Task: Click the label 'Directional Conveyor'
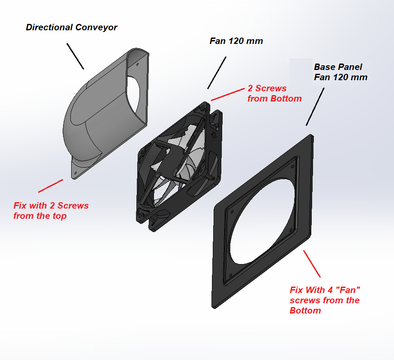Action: pos(71,27)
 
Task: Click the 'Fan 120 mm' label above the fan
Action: pos(236,41)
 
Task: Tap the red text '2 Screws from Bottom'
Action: pos(274,93)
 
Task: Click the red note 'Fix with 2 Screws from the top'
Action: pos(51,211)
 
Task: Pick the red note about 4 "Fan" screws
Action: pos(324,300)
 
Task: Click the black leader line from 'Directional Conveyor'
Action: pos(75,56)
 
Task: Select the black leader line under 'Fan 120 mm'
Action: pos(217,73)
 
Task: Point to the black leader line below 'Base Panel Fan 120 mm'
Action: pos(315,107)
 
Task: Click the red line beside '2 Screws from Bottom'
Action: pos(228,95)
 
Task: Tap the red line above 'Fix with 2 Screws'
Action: pos(50,186)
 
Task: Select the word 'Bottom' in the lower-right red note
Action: pos(305,311)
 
